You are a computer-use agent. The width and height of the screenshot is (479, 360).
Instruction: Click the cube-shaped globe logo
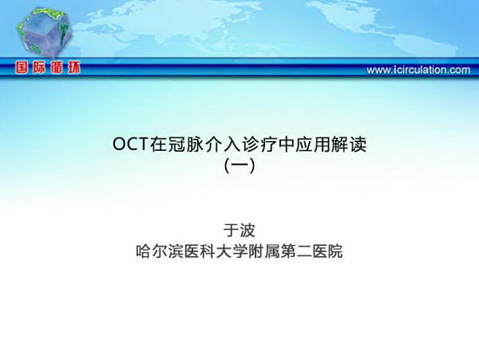(44, 32)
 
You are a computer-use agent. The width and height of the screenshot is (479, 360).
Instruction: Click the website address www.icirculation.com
(418, 70)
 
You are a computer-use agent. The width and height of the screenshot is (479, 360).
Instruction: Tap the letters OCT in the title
(131, 145)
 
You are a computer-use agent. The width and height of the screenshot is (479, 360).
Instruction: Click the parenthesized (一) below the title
(239, 166)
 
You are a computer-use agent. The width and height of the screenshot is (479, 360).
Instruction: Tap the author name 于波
(239, 230)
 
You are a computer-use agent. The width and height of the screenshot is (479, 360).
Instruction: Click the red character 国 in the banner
(22, 67)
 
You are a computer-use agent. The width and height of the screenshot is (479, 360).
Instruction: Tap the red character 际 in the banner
(39, 67)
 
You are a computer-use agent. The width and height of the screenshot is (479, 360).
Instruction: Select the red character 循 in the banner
(57, 67)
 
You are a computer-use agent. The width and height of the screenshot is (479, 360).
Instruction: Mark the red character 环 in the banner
(74, 67)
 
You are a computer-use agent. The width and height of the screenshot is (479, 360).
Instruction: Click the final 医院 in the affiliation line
(327, 252)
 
